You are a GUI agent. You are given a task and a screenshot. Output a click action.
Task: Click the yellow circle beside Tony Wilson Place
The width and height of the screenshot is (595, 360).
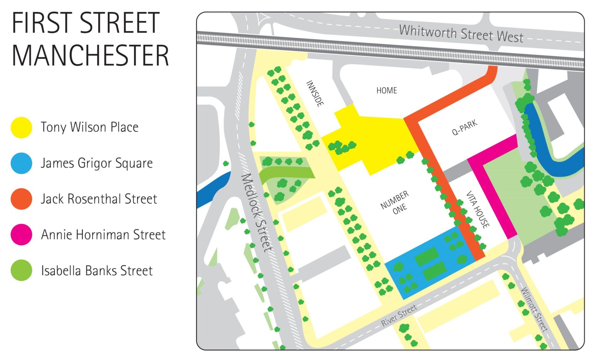(21, 127)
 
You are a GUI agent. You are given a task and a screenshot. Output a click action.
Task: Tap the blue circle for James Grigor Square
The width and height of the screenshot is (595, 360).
(21, 163)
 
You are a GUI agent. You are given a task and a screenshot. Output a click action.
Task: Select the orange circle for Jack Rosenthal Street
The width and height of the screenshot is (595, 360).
(21, 199)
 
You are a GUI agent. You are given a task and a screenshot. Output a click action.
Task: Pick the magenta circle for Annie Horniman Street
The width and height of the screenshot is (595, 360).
(21, 235)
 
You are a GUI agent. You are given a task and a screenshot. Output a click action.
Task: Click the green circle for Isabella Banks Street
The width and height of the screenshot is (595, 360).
(21, 270)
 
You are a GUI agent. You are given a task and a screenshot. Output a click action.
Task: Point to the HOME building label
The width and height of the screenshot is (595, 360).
(386, 91)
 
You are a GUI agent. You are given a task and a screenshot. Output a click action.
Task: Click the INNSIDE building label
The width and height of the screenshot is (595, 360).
(315, 93)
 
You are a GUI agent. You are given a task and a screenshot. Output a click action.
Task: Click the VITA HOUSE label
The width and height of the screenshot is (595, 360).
(478, 209)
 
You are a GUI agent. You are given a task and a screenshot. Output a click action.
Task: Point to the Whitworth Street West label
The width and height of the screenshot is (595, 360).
(461, 33)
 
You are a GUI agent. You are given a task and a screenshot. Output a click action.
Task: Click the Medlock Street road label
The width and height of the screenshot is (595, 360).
(257, 212)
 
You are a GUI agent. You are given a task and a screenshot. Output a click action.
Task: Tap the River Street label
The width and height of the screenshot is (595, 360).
(399, 316)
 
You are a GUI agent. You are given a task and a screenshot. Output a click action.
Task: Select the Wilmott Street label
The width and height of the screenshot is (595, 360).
(534, 309)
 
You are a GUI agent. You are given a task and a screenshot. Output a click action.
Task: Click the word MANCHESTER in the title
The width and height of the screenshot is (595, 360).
(90, 56)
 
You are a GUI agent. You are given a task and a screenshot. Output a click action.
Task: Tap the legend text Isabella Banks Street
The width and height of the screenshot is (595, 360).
(97, 271)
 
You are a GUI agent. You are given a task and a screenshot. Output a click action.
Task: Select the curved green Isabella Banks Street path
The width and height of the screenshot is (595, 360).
(285, 172)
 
